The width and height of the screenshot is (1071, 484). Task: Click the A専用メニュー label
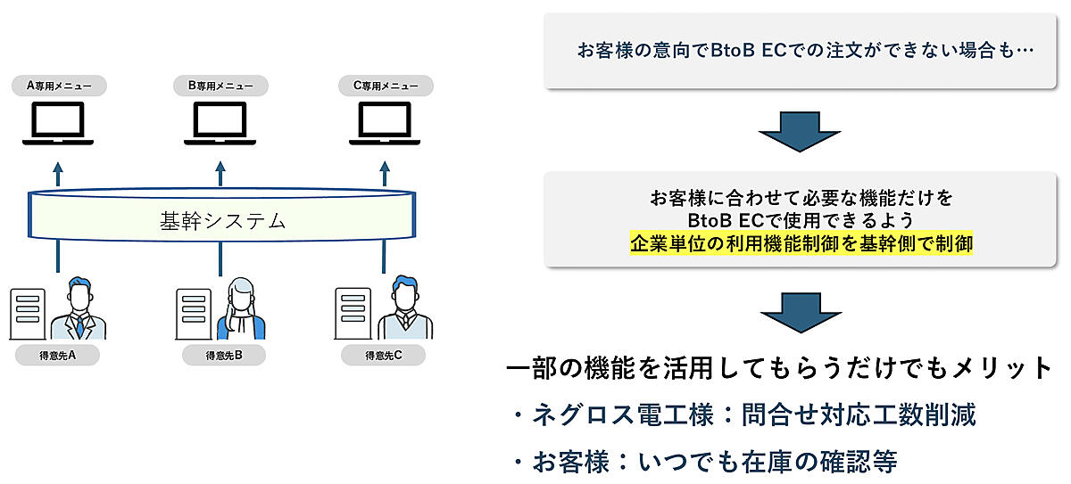(x=59, y=86)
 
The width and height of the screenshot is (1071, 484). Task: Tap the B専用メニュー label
(x=220, y=86)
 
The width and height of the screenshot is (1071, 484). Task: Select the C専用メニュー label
(x=386, y=86)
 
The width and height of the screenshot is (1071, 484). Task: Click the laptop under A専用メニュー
(x=58, y=124)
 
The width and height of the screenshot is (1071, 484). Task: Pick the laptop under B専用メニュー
(x=220, y=124)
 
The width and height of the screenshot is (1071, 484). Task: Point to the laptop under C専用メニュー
(x=385, y=124)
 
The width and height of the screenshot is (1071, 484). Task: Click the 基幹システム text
(x=222, y=220)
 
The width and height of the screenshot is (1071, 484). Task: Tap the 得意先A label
(x=58, y=356)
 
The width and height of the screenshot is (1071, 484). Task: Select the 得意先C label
(x=384, y=356)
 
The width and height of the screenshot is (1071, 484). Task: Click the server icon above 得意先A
(x=28, y=313)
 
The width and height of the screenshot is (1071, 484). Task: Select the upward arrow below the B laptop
(x=220, y=172)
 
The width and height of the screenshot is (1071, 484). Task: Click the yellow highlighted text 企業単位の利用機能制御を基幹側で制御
(x=801, y=242)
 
